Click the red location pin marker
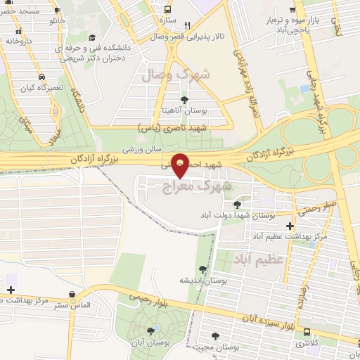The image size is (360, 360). [x=181, y=165]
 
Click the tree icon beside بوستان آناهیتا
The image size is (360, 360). [x=184, y=100]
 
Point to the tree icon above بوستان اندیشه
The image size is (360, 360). [x=203, y=269]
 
